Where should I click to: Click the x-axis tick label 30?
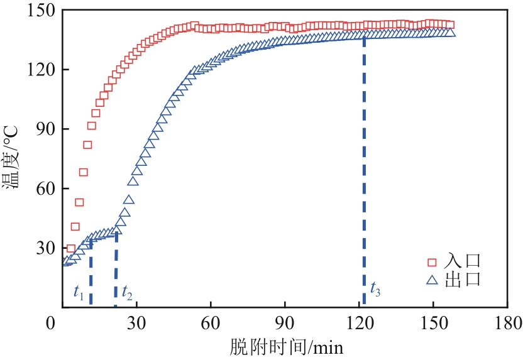click(136, 324)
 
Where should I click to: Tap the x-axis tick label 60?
click(211, 324)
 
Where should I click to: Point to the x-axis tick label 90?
click(285, 324)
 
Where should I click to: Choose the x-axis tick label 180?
click(507, 324)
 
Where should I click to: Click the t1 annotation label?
click(78, 292)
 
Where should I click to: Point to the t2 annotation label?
click(127, 292)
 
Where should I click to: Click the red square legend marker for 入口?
click(432, 262)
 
